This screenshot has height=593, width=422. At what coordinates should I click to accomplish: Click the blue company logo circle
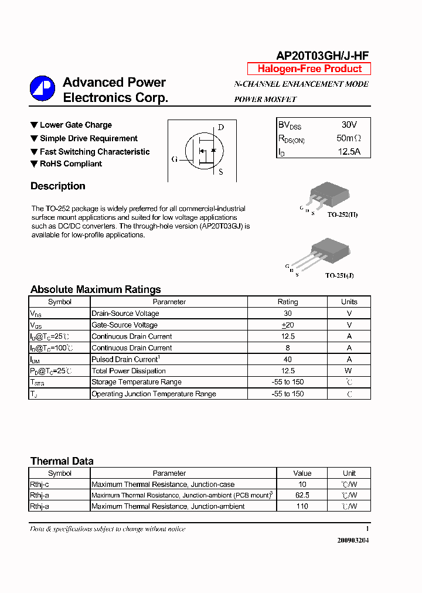tap(42, 89)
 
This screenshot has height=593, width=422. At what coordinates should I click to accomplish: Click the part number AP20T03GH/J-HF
tap(322, 56)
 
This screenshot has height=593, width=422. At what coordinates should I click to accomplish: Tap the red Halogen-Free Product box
tap(309, 69)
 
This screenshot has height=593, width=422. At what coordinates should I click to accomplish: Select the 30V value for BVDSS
tap(349, 125)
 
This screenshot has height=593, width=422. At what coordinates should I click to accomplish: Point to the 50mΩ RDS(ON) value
tap(349, 138)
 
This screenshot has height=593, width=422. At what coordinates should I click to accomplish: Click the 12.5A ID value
tap(349, 152)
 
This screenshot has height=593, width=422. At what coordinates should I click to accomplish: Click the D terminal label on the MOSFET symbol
tap(221, 127)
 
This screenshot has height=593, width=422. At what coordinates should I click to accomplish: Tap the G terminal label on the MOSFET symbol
tap(175, 159)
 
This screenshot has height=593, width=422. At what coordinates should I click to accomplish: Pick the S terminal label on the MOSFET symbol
tap(221, 172)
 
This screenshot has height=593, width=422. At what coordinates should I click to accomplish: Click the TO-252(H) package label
tap(342, 215)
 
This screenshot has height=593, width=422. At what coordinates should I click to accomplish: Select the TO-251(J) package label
tap(339, 275)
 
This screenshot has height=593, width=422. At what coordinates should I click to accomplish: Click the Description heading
tap(58, 186)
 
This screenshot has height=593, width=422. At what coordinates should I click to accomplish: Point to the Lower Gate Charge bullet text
tap(76, 125)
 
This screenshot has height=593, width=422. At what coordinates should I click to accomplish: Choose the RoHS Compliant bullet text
tap(71, 164)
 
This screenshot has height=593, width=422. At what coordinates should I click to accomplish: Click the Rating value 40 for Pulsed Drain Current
tap(287, 359)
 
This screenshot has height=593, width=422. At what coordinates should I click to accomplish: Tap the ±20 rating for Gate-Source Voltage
tap(287, 325)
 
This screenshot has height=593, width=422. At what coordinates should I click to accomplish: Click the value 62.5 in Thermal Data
tap(302, 495)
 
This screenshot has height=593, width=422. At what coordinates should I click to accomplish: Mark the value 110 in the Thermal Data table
tap(302, 506)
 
